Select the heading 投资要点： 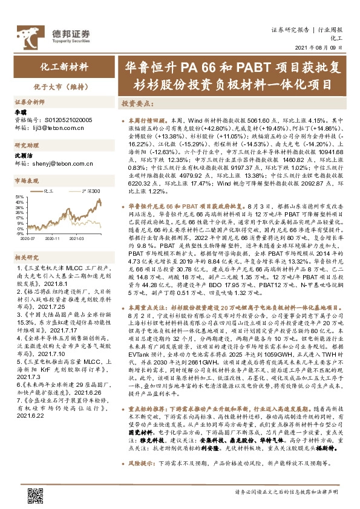pyautogui.click(x=135, y=103)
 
